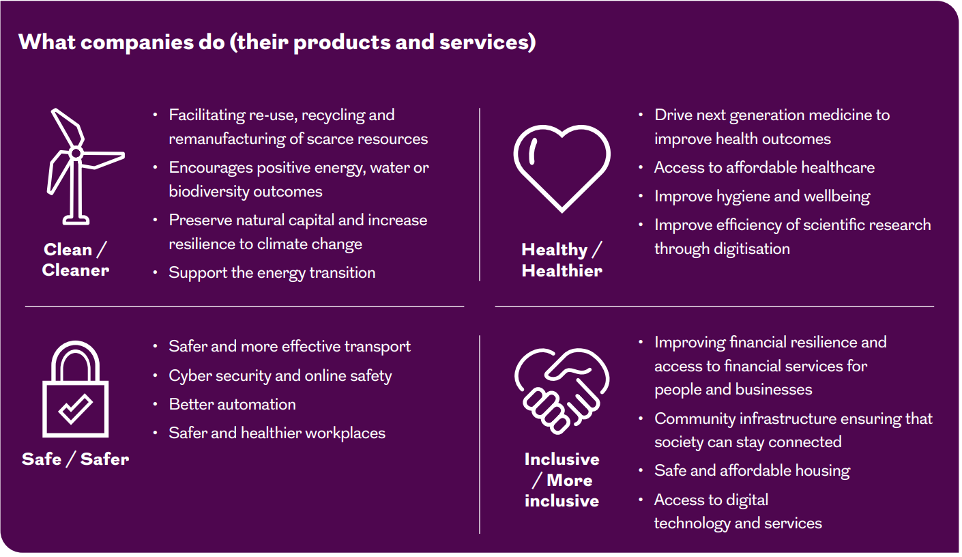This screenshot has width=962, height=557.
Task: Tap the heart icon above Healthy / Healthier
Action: (x=562, y=129)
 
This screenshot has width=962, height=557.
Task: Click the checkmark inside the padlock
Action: (x=76, y=408)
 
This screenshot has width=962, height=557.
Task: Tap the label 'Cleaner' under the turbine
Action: (x=76, y=270)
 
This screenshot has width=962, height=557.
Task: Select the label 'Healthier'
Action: (x=562, y=271)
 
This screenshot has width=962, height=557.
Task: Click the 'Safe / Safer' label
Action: (x=76, y=459)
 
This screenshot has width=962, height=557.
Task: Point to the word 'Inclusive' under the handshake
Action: (x=562, y=459)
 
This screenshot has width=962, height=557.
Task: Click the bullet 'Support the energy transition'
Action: (x=272, y=273)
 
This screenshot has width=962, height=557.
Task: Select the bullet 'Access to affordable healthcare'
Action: (x=764, y=167)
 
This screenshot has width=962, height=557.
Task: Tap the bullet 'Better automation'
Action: (x=233, y=404)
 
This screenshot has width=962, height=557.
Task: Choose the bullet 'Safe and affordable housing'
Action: (x=752, y=470)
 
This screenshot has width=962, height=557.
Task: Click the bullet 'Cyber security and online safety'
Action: (x=280, y=376)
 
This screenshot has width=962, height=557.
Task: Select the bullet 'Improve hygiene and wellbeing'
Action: (x=762, y=197)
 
